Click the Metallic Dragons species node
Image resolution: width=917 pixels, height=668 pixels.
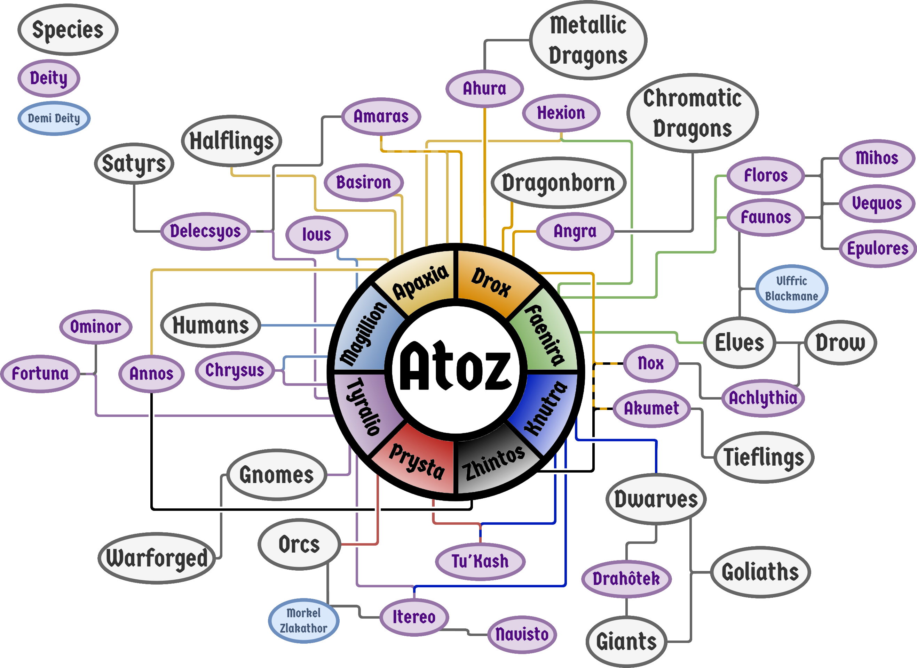click(x=588, y=40)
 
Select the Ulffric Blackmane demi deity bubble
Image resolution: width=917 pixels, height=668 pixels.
click(x=791, y=289)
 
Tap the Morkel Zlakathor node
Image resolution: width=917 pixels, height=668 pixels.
click(x=303, y=621)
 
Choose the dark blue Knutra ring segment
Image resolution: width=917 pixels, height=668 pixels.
click(x=546, y=408)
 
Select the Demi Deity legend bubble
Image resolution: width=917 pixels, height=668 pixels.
click(x=54, y=118)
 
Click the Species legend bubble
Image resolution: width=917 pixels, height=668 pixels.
click(x=68, y=30)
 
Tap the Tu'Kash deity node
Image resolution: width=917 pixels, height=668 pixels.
click(x=480, y=561)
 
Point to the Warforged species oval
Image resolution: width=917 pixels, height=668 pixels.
click(x=157, y=558)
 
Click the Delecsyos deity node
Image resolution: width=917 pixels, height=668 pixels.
click(x=205, y=231)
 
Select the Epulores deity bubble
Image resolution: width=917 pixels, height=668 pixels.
click(x=877, y=248)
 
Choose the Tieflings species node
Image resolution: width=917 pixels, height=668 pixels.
click(x=764, y=457)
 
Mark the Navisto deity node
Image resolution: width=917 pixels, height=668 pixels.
click(x=522, y=634)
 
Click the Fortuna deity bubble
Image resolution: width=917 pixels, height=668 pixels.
click(x=40, y=373)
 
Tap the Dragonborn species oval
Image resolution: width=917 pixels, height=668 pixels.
click(x=559, y=183)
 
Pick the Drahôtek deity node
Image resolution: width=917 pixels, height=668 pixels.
click(x=626, y=579)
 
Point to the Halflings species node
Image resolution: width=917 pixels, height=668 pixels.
click(x=231, y=141)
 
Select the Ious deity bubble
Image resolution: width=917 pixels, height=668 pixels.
click(x=316, y=234)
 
